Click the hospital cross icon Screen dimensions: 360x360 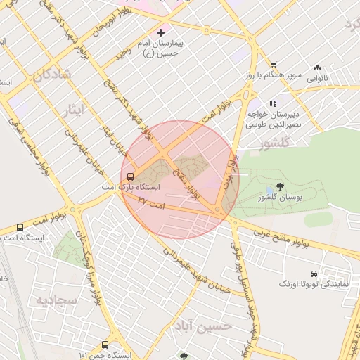click(160, 32)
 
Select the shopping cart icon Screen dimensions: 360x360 click(274, 64)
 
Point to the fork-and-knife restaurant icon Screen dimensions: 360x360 click(273, 103)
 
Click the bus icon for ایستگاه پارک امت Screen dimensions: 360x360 click(131, 176)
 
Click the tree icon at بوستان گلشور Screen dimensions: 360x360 click(281, 186)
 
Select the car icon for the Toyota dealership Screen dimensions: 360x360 click(313, 273)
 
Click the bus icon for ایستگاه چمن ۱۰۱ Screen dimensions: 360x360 click(105, 345)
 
